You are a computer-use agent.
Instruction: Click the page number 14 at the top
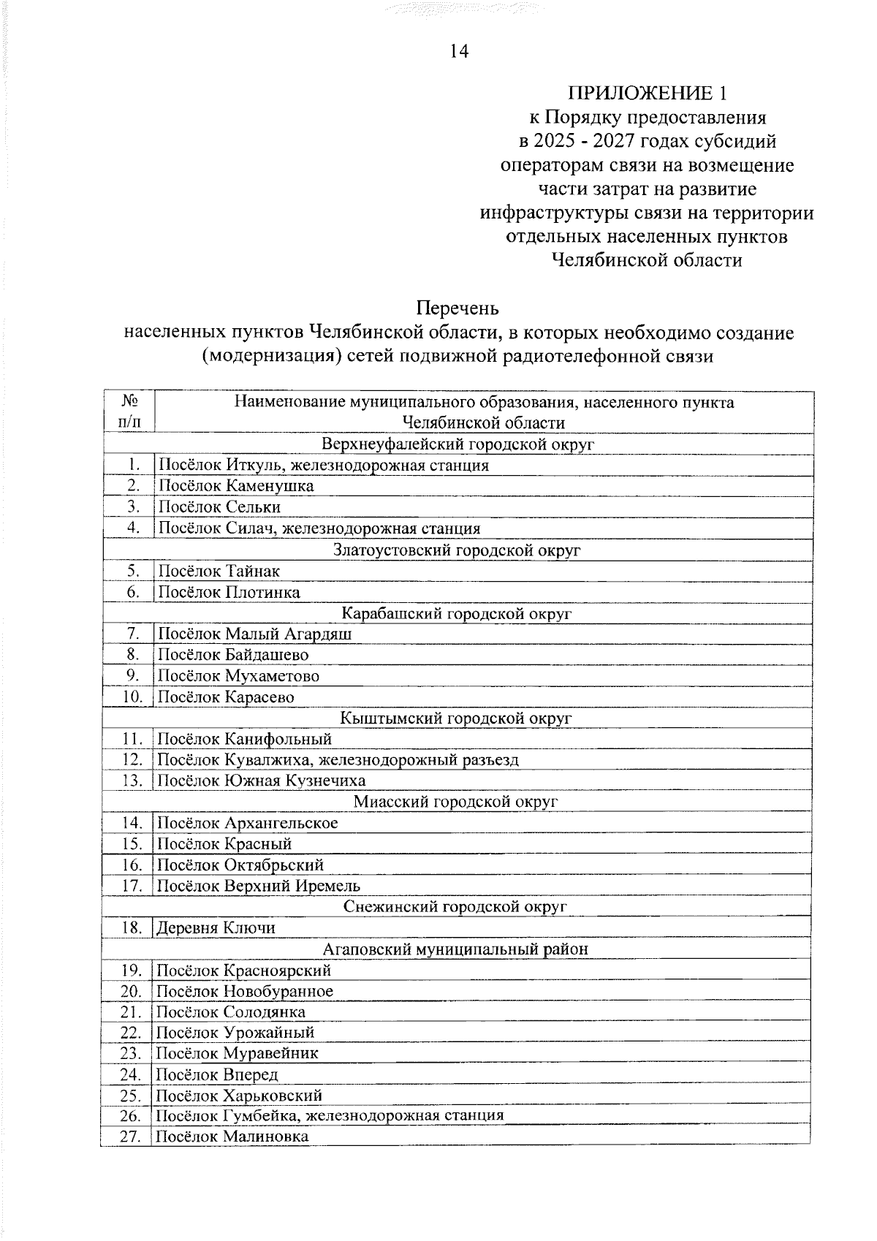(459, 51)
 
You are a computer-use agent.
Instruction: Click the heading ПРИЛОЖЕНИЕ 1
(649, 93)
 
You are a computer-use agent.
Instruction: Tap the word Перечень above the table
(458, 307)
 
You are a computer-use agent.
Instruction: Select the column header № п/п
(129, 411)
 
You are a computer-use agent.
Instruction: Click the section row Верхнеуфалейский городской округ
(458, 444)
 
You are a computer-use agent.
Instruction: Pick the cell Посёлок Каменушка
(236, 485)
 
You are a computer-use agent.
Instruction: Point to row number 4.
(132, 528)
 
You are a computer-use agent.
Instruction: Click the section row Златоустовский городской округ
(458, 549)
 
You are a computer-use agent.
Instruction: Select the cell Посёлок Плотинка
(229, 591)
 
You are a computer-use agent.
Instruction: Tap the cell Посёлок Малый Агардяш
(255, 634)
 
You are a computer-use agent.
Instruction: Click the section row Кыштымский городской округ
(458, 718)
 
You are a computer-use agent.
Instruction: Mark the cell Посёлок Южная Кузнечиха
(262, 781)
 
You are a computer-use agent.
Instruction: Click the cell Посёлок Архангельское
(248, 823)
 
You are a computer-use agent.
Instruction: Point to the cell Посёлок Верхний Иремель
(259, 886)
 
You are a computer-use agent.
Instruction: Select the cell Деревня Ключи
(216, 928)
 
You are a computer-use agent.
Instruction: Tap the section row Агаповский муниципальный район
(456, 949)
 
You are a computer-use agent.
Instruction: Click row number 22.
(131, 1033)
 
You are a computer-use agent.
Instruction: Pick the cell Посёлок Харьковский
(239, 1096)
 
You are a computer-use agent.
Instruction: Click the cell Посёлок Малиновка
(232, 1136)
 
